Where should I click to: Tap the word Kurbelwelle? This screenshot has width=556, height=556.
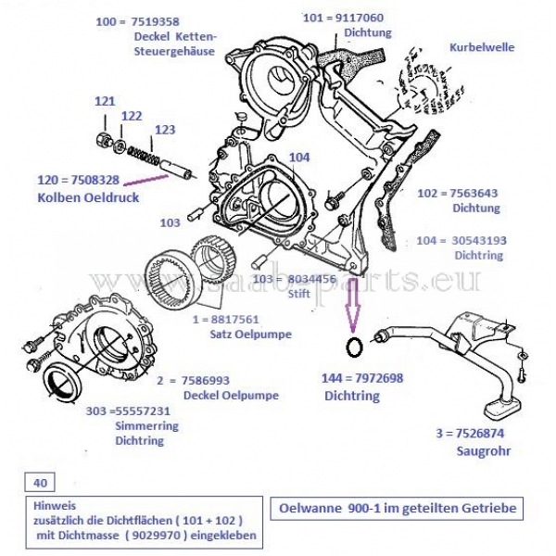pyautogui.click(x=481, y=46)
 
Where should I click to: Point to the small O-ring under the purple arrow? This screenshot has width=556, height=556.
pyautogui.click(x=353, y=347)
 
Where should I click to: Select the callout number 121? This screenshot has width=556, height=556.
pyautogui.click(x=104, y=100)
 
